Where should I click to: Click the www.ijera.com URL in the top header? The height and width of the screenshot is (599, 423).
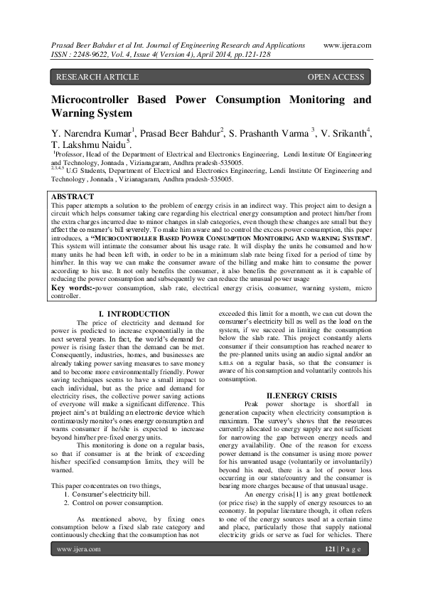point(348,44)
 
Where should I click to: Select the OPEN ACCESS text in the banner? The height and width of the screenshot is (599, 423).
point(336,77)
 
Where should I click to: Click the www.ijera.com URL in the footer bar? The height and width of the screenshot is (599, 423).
point(78,569)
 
